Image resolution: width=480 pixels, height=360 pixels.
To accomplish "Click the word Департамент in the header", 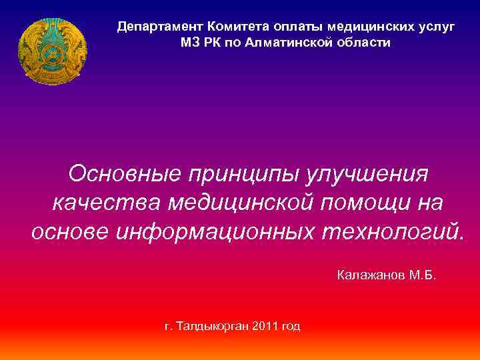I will pos(160,27).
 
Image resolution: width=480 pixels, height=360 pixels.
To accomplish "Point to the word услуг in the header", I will pos(436,27).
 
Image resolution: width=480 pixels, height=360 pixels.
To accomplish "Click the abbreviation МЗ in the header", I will pos(190,43).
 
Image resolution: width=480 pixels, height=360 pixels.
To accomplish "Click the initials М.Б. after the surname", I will pos(423,275).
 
